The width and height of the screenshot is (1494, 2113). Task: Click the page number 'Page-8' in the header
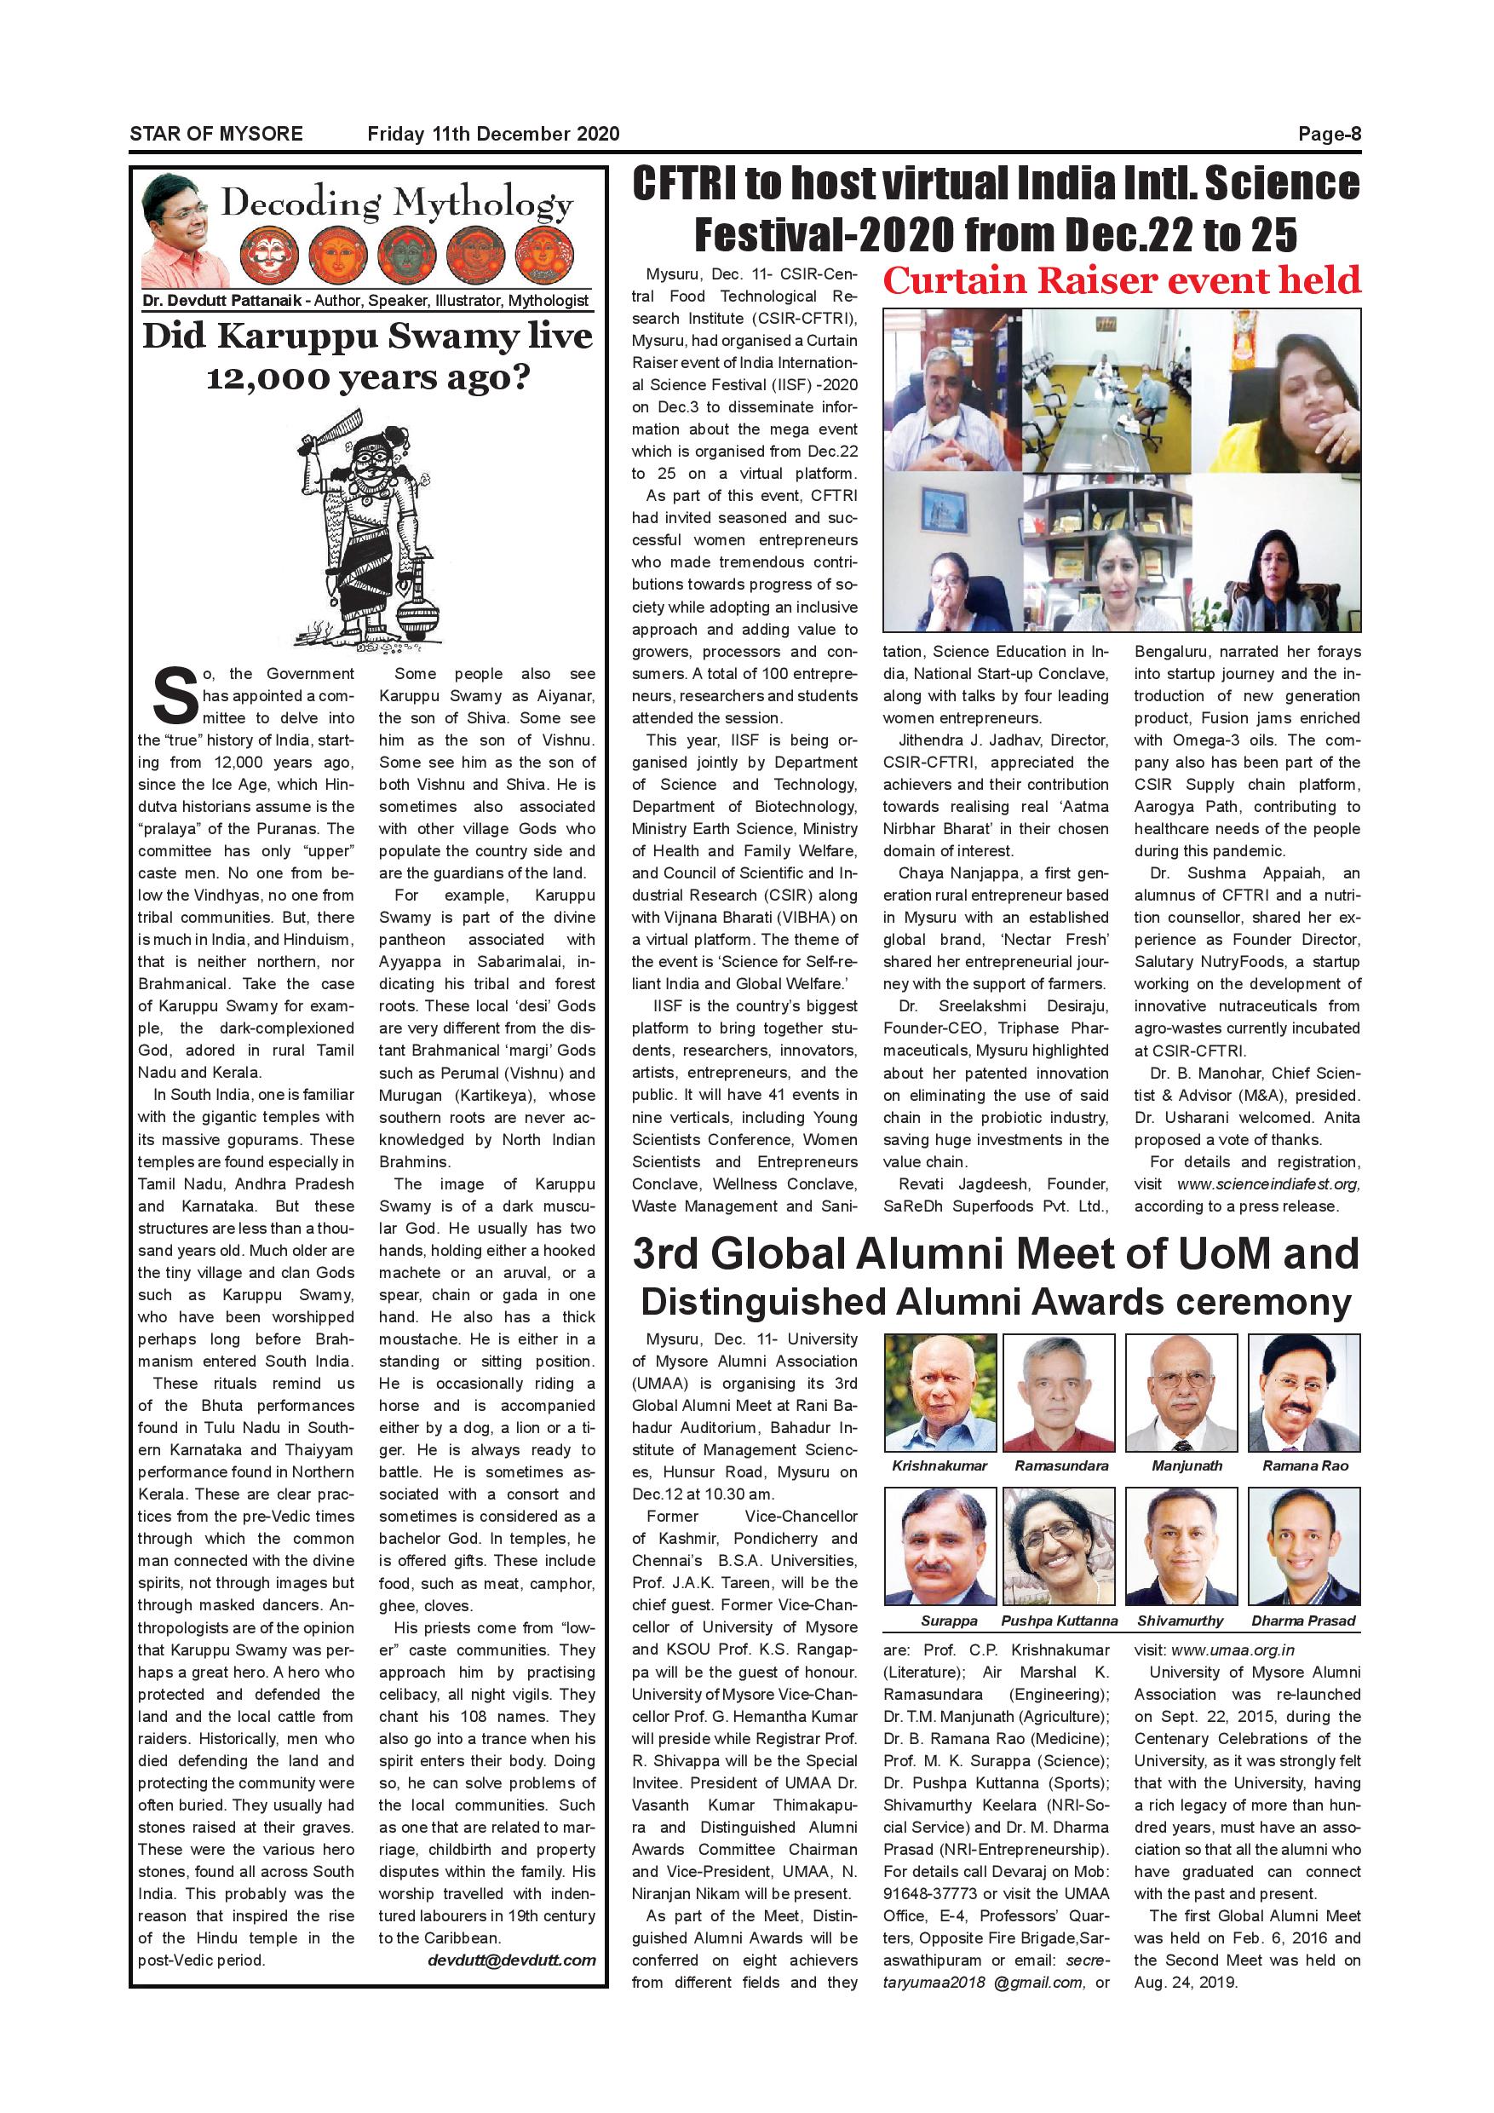tap(1329, 135)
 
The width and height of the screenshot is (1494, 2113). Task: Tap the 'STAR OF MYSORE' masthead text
tap(216, 135)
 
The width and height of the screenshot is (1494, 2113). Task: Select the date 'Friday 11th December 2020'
tap(493, 135)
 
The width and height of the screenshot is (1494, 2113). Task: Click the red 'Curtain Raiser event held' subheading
tap(1121, 280)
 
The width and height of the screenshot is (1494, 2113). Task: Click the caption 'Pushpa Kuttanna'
tap(1059, 1621)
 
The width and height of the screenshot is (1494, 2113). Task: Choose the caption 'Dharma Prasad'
tap(1302, 1621)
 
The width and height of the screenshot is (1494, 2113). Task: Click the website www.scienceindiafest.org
tap(1267, 1184)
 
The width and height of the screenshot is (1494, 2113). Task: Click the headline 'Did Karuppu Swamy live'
tap(367, 337)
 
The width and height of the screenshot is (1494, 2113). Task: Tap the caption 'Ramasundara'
tap(1061, 1465)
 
